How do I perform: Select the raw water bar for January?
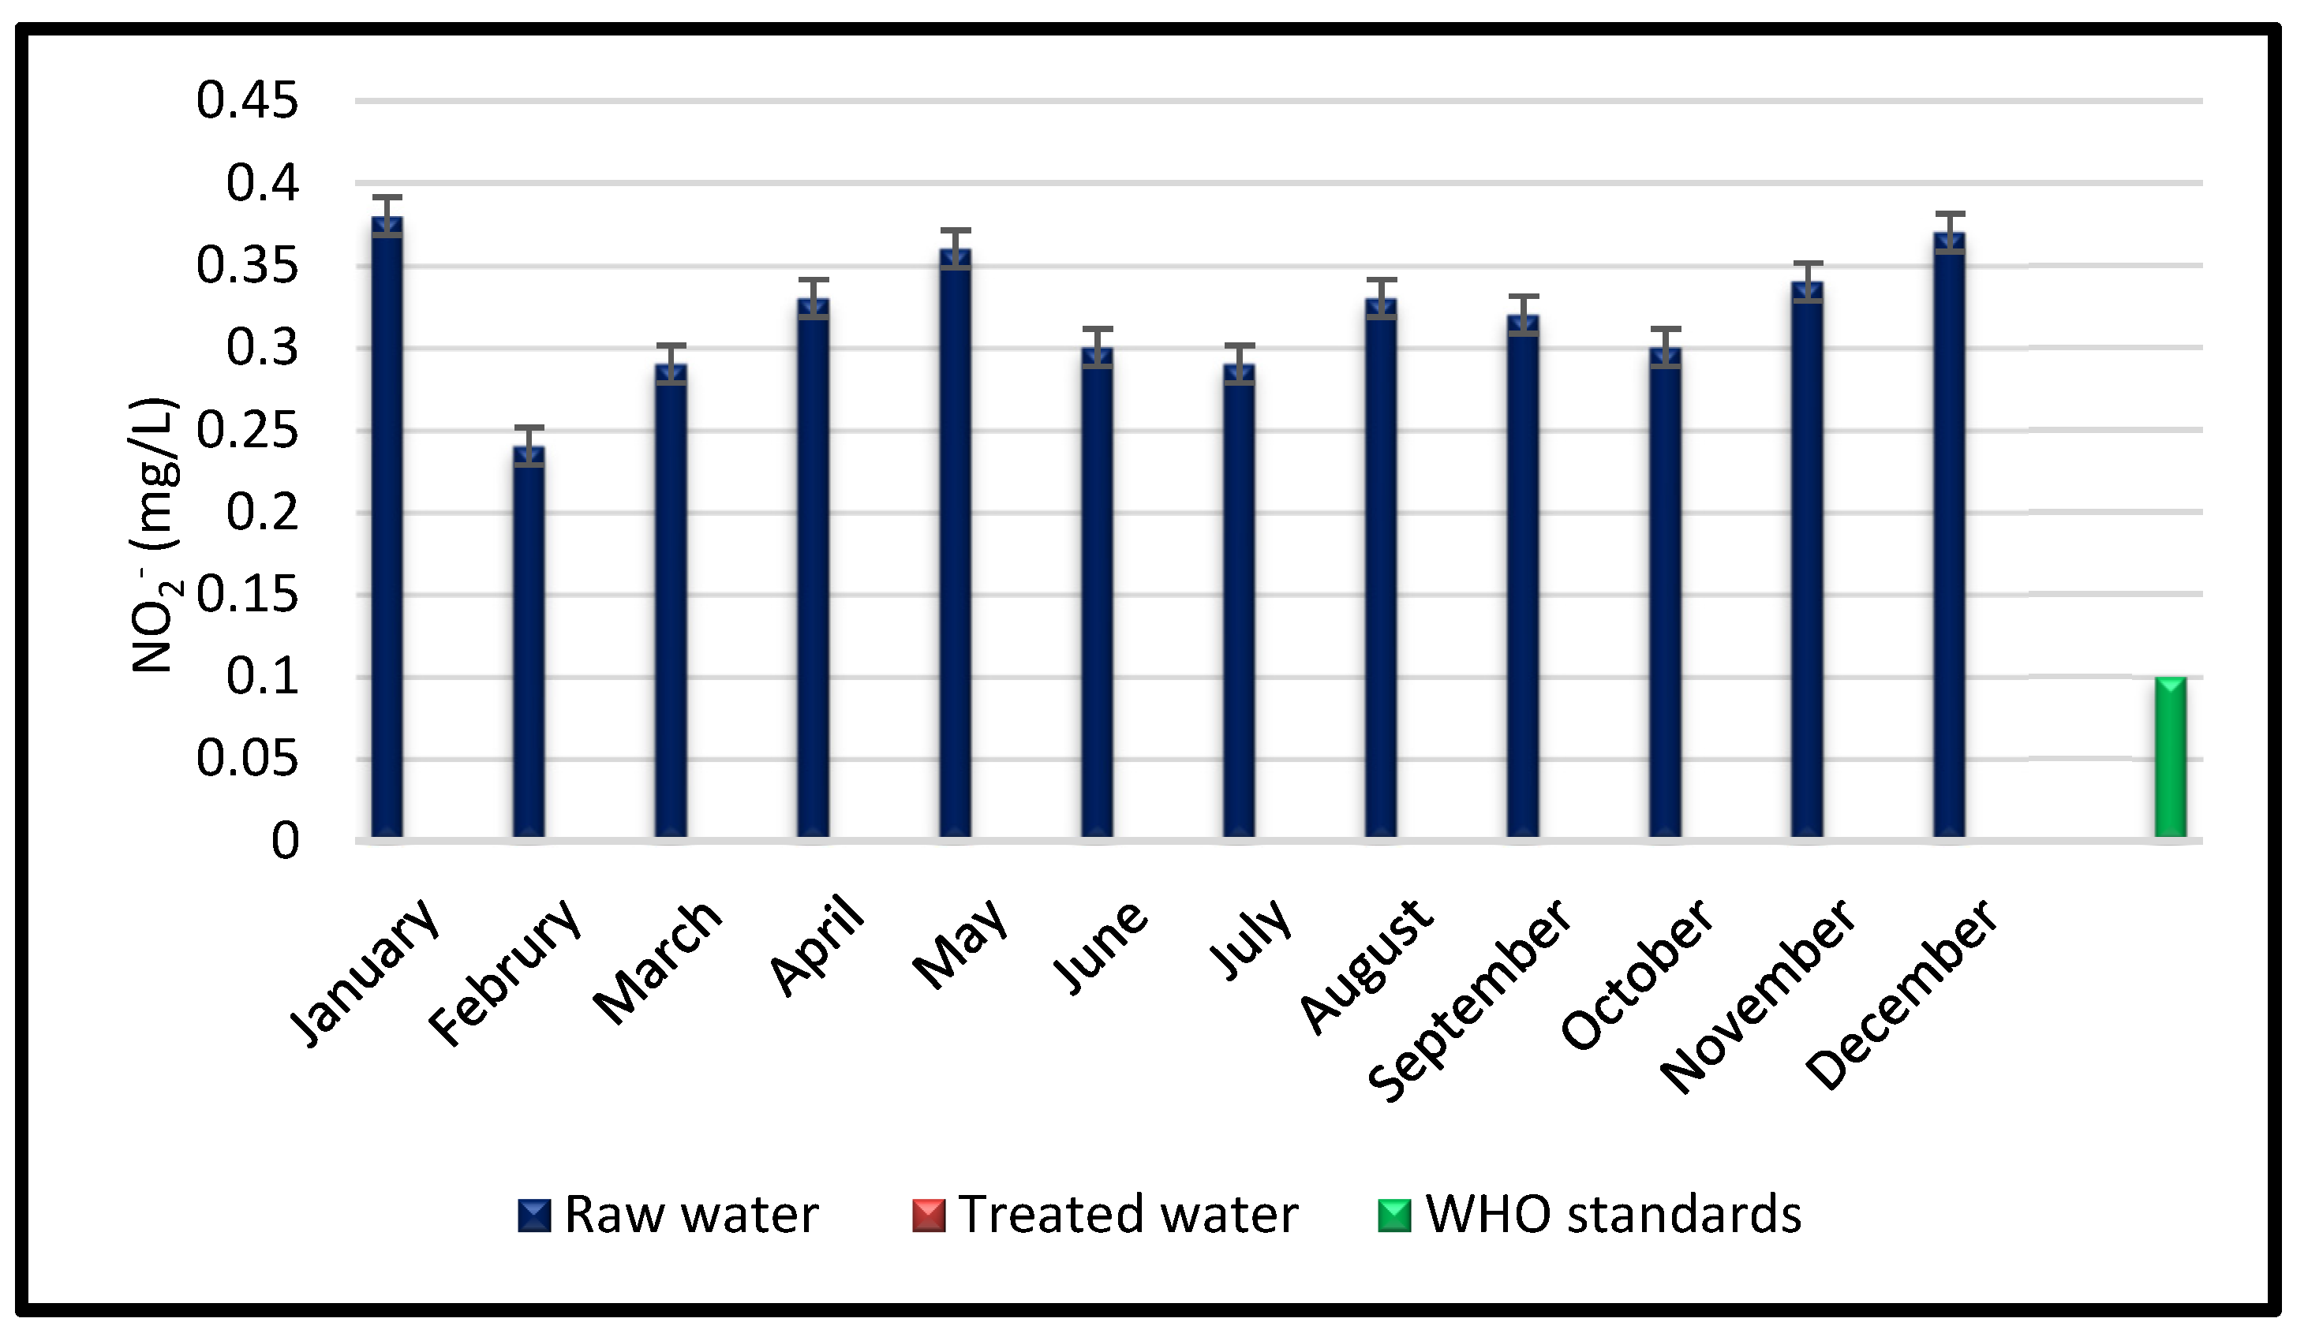click(387, 531)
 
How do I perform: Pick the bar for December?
click(1949, 540)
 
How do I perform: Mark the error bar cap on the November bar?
click(1807, 263)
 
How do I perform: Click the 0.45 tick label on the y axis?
click(247, 100)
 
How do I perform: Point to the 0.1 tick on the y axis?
click(262, 677)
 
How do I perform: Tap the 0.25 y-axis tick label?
click(247, 431)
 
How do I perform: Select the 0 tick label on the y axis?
click(285, 841)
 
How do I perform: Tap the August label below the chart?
click(1366, 967)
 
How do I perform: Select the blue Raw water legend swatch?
click(534, 1216)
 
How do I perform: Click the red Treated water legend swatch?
click(928, 1216)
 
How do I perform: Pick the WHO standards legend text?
click(1614, 1216)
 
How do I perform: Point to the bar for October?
click(1665, 596)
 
